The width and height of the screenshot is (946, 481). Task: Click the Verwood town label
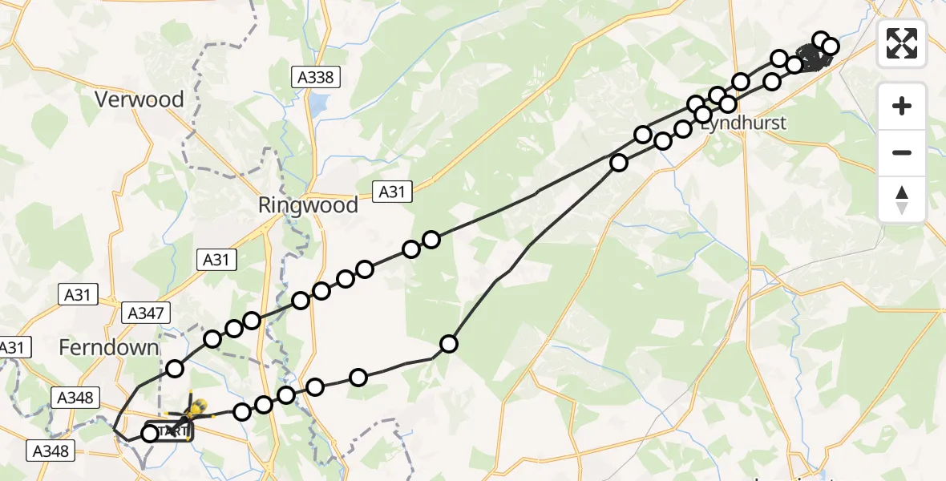[139, 100]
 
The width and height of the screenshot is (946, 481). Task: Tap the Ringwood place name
[308, 205]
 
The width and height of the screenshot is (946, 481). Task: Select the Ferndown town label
[109, 348]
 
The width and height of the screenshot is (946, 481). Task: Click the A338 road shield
[316, 77]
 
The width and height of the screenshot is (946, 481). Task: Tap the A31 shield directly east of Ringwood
[393, 190]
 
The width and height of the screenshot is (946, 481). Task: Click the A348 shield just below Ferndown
[75, 398]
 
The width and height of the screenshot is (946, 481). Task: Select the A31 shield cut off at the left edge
[12, 348]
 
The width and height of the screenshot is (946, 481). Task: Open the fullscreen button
[902, 43]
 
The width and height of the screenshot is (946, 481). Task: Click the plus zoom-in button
[902, 106]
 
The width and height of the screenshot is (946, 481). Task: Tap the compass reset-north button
[902, 200]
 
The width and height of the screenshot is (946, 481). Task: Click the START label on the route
[171, 431]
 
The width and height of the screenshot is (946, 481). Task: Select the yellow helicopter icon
[195, 409]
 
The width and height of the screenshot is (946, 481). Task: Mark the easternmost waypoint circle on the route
[830, 46]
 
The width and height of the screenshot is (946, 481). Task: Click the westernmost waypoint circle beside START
[150, 434]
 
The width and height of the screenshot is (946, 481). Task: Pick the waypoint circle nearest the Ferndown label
[175, 369]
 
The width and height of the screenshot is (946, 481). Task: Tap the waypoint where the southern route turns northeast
[449, 344]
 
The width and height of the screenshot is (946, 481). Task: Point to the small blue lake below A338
[320, 103]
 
